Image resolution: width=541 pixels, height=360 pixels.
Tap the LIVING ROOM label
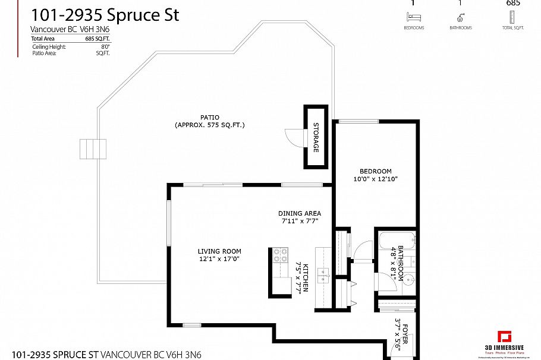pyautogui.click(x=219, y=251)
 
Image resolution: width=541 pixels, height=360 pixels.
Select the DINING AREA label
pyautogui.click(x=300, y=213)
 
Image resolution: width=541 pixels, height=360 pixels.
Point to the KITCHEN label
pyautogui.click(x=306, y=277)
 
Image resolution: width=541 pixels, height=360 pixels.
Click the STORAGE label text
pyautogui.click(x=316, y=138)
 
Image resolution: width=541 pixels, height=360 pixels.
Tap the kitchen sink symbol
pyautogui.click(x=323, y=274)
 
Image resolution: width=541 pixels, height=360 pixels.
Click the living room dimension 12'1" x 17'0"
pyautogui.click(x=219, y=259)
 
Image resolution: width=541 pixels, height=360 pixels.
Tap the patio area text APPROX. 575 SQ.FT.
pyautogui.click(x=210, y=125)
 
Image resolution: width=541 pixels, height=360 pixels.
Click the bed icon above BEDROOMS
pyautogui.click(x=413, y=18)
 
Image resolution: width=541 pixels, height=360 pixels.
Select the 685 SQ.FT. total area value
pyautogui.click(x=99, y=39)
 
